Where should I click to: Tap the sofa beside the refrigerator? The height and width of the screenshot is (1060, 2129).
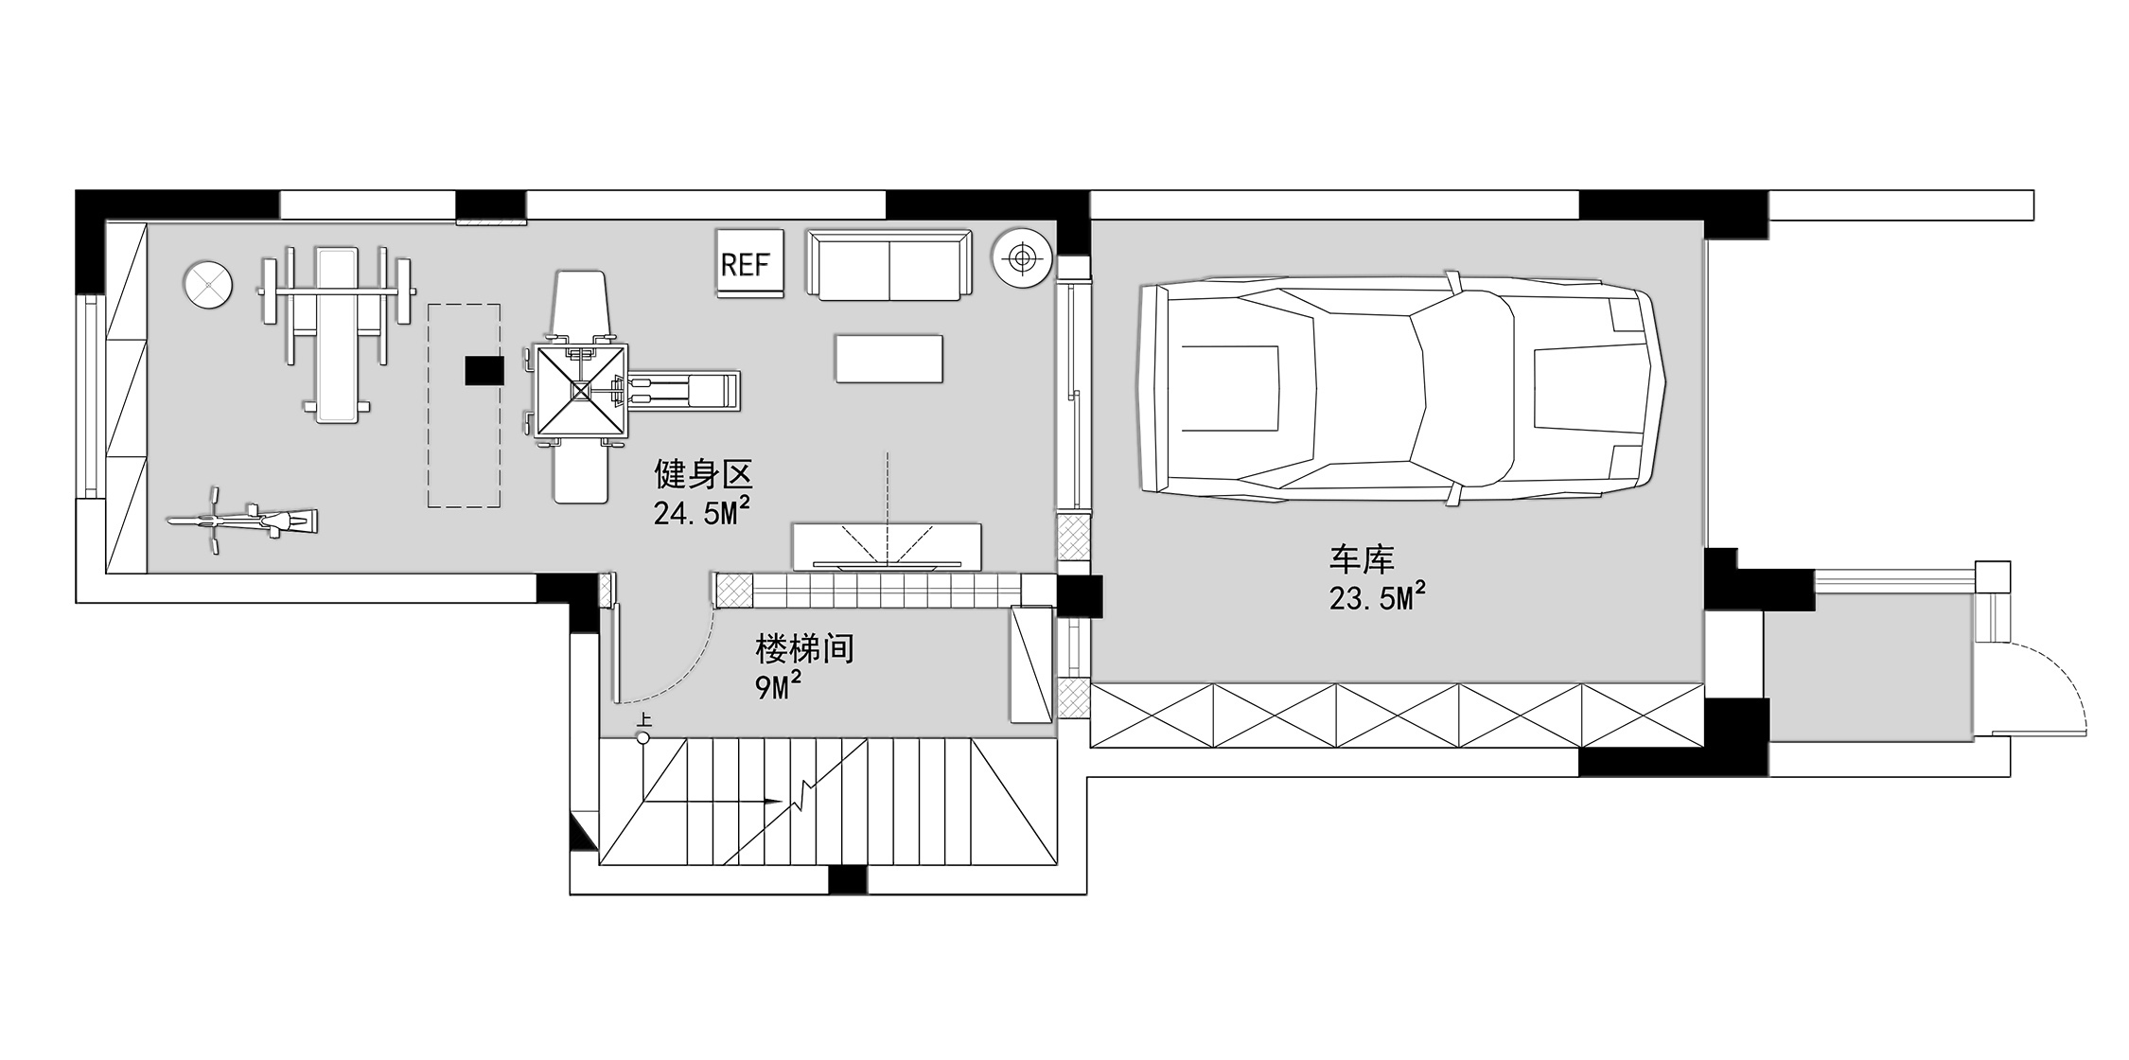click(x=889, y=264)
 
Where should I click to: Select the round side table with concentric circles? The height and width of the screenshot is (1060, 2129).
click(x=1021, y=256)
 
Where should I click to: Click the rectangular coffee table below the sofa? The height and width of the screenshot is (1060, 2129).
click(x=889, y=359)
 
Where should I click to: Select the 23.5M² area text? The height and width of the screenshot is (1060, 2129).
click(x=1377, y=597)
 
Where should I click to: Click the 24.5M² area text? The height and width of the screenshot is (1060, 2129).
click(x=702, y=512)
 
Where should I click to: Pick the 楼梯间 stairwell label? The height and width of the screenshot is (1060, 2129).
click(x=804, y=649)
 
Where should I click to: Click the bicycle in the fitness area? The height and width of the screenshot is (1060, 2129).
click(x=242, y=520)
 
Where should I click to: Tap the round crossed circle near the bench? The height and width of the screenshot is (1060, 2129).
click(x=207, y=285)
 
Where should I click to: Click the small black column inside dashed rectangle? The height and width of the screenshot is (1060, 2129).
click(x=484, y=370)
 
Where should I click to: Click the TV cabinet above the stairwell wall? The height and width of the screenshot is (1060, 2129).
click(x=887, y=546)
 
